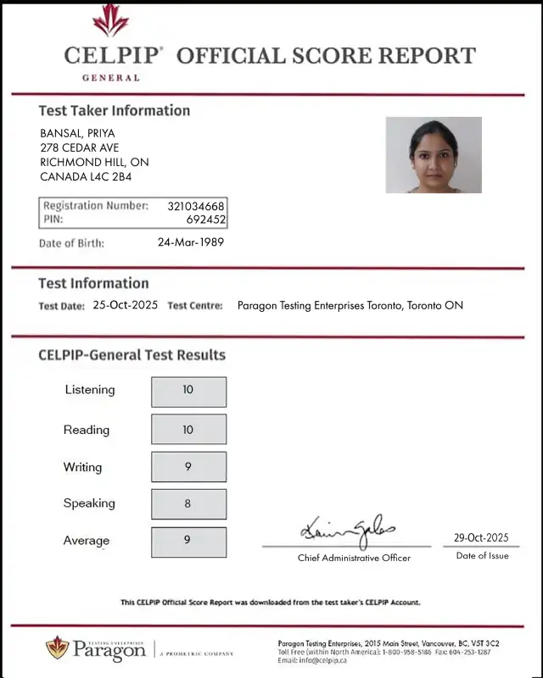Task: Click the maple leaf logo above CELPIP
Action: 110,20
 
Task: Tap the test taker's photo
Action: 434,155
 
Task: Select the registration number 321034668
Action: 196,206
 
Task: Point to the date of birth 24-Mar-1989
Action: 191,242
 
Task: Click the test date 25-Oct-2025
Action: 126,305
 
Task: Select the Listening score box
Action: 188,392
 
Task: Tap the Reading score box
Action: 188,429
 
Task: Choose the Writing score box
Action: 188,467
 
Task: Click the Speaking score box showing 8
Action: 188,503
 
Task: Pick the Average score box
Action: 188,542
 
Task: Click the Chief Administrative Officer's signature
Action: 347,531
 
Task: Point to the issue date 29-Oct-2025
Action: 481,537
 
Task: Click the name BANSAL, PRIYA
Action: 77,133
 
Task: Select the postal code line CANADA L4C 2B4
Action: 86,177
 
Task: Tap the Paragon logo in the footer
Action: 96,649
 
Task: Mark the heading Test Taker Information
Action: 115,110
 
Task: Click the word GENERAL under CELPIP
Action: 111,78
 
